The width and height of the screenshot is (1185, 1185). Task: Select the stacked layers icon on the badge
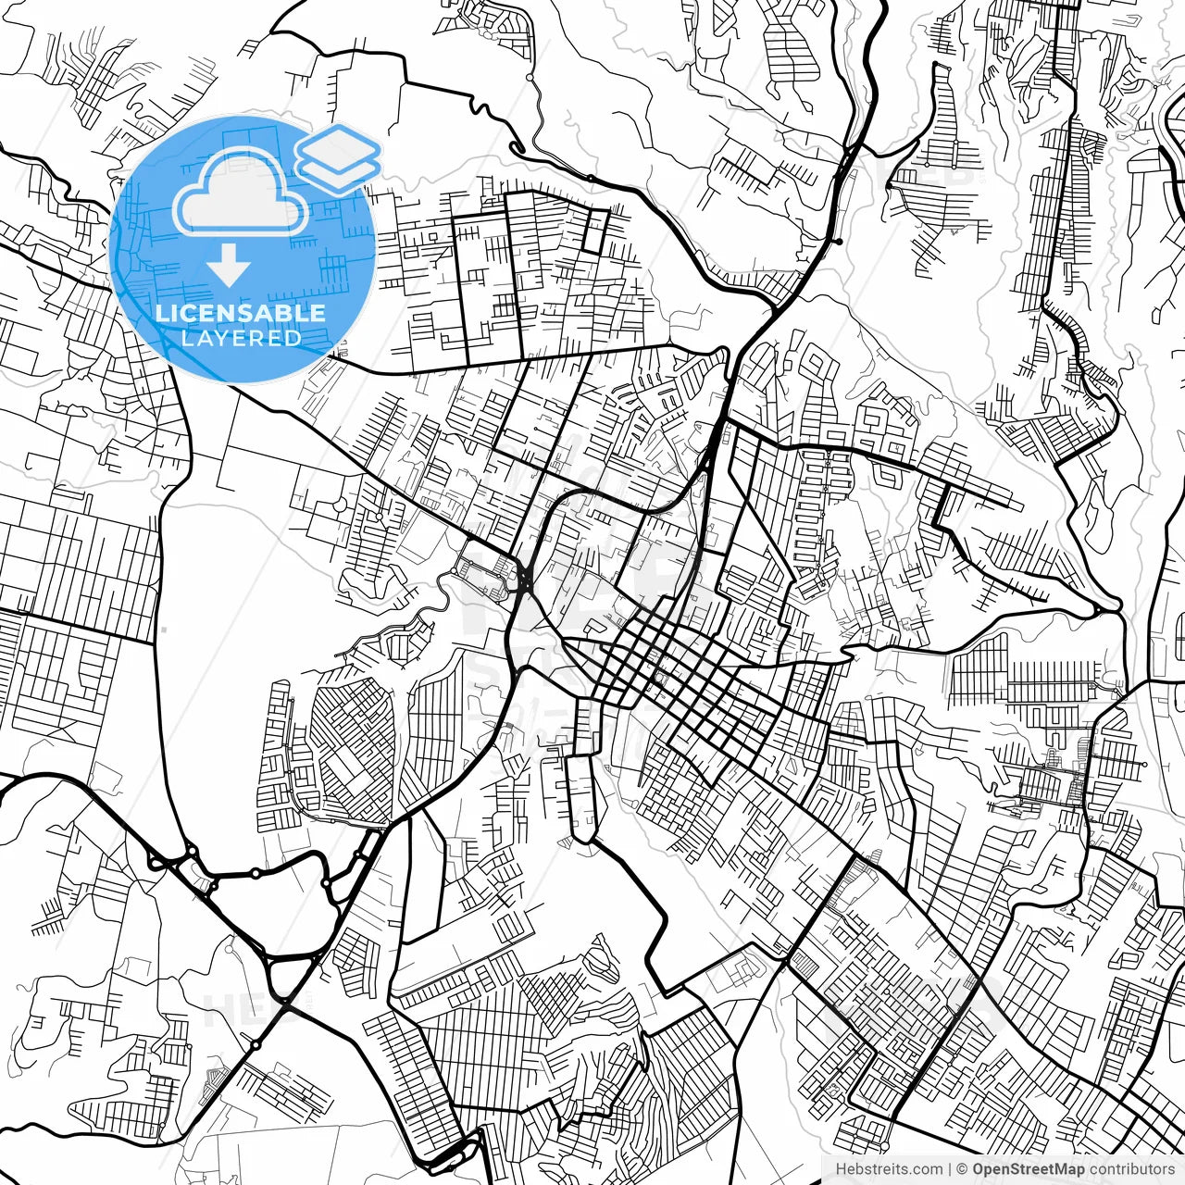tap(338, 158)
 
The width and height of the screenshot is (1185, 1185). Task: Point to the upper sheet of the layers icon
tap(338, 147)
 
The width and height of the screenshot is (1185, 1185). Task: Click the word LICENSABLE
tap(241, 313)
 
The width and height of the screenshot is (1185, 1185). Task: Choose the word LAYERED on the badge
tap(241, 338)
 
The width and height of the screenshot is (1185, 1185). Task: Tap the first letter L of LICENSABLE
tap(161, 313)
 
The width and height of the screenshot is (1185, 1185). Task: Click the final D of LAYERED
tap(294, 338)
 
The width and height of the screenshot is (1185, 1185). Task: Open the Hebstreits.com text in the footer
tap(890, 1169)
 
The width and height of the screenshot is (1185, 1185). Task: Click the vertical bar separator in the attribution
tap(950, 1169)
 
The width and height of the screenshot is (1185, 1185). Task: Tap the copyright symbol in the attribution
tap(963, 1169)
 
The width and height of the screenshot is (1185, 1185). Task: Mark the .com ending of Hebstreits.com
tap(928, 1169)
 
